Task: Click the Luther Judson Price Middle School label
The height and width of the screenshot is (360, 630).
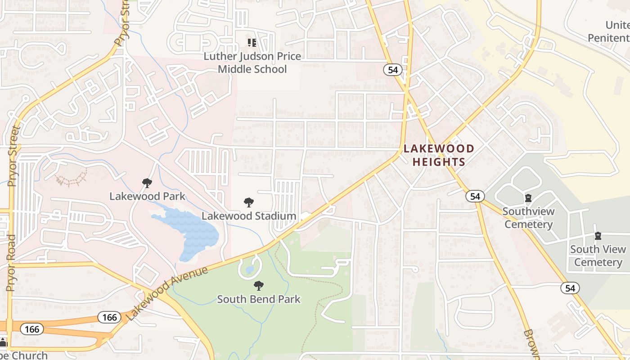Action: pos(252,63)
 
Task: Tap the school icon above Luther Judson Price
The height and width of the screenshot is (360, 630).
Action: pos(252,43)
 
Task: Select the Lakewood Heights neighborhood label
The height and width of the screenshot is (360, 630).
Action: pos(438,155)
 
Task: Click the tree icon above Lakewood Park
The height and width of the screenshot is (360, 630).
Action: pos(147,183)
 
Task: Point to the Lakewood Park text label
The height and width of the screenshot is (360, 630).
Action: pos(147,196)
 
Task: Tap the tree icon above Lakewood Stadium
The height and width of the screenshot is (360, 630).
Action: pos(248,202)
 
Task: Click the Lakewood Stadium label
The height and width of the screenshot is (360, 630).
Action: pos(248,216)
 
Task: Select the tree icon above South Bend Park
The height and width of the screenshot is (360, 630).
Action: pos(258,285)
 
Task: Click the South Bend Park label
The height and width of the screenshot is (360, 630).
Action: pos(258,299)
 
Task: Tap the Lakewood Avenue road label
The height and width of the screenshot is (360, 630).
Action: pos(167,293)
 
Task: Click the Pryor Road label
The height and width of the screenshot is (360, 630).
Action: pos(11,263)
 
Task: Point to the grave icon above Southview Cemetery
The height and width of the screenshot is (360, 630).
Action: pos(528,198)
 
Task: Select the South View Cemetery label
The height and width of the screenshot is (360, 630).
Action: pos(598,256)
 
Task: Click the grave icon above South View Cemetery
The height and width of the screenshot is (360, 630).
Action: pos(598,236)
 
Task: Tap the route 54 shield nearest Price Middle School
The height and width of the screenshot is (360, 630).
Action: pos(392,69)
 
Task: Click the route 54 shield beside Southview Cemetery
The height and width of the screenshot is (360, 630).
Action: pos(475,196)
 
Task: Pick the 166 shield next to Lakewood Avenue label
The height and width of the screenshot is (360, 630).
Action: pos(109,318)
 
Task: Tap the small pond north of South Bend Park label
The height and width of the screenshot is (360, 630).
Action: pos(250,270)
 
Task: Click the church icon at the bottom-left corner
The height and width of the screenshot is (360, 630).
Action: pos(4,342)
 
